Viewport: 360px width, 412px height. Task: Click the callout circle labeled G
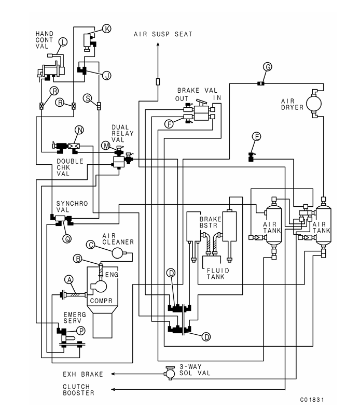tap(268, 66)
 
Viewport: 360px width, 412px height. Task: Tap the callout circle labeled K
tap(107, 29)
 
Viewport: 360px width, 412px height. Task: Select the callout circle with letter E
tap(256, 136)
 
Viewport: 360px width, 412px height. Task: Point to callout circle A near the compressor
tap(68, 279)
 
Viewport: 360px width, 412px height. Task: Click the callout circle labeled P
tap(80, 330)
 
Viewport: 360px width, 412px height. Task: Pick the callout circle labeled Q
tap(66, 239)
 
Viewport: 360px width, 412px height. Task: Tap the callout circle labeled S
tap(88, 98)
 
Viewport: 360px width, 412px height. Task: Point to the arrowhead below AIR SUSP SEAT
tap(158, 46)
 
